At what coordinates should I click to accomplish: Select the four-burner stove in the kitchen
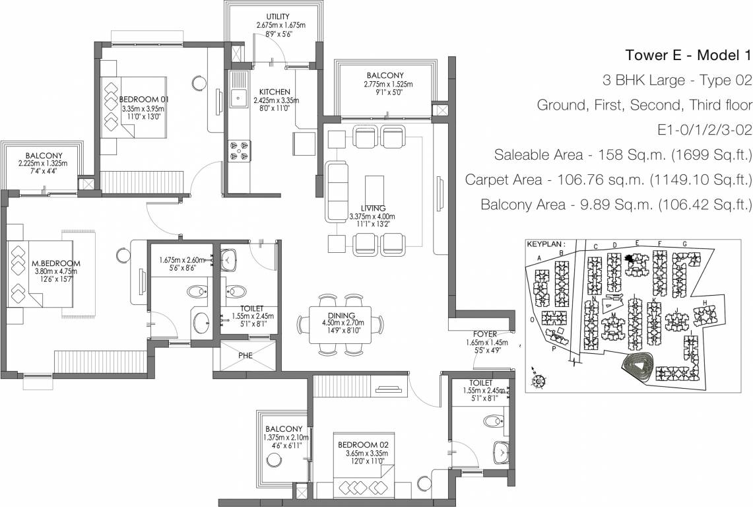click(x=239, y=151)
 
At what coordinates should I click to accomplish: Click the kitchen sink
click(x=238, y=100)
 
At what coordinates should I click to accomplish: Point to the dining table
click(x=340, y=323)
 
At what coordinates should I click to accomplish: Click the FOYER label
click(x=484, y=334)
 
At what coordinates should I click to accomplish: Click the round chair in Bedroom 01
click(x=200, y=83)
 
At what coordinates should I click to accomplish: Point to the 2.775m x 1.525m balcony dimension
click(x=388, y=84)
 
